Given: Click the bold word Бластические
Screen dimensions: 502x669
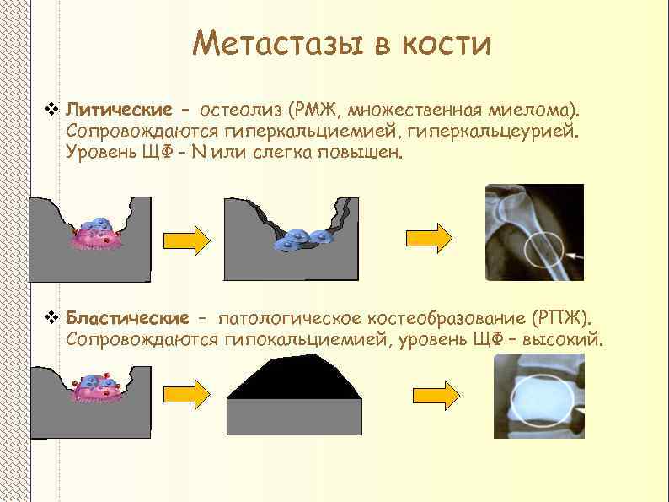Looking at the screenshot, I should point(127,319).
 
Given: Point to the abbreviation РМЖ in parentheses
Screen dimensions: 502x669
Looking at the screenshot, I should point(314,111).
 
